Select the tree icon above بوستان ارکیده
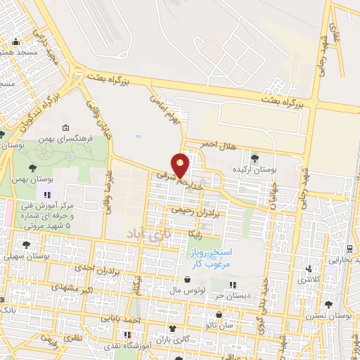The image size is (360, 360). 255,157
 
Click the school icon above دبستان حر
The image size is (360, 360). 235,285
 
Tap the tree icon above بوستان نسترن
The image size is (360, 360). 328,304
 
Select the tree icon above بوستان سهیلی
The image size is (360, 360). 26,245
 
